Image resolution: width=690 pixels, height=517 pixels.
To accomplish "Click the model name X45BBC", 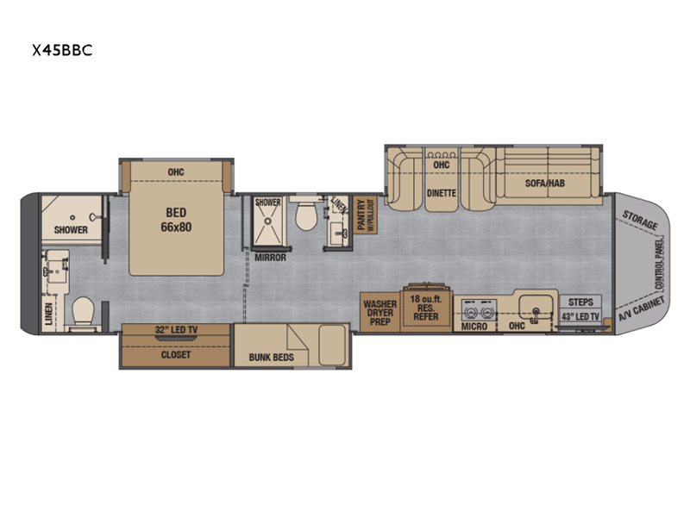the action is (x=62, y=50).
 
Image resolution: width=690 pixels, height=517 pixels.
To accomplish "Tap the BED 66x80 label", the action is (x=176, y=220).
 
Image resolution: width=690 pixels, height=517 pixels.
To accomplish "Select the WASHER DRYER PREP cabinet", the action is (x=379, y=312).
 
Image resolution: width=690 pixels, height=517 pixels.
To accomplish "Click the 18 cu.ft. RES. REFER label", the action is (x=425, y=308).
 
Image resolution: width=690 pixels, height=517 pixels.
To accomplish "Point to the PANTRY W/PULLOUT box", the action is (x=365, y=215).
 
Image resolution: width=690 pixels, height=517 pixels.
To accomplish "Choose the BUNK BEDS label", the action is (x=271, y=358).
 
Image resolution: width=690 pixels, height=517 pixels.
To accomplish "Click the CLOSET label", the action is (x=176, y=355).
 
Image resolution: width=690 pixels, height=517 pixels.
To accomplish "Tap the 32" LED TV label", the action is (x=176, y=330).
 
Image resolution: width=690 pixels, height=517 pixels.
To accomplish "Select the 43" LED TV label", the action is (x=580, y=316).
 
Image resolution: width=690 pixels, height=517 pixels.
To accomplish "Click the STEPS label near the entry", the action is (x=580, y=302).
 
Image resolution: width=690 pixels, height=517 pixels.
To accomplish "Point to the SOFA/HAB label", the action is (x=545, y=184).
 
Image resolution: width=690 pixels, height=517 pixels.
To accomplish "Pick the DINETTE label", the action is (x=442, y=193).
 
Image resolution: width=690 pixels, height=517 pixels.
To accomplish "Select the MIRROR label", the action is (x=270, y=258).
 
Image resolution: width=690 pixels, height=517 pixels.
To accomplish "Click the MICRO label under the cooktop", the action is (x=474, y=327).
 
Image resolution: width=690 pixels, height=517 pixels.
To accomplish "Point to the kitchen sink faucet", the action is (x=536, y=314).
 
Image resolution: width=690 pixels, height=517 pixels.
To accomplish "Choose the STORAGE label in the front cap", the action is (x=640, y=221).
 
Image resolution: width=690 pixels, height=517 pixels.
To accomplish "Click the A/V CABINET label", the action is (x=641, y=309).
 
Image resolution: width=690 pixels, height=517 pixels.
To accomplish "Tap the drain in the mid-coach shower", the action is (x=267, y=221).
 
